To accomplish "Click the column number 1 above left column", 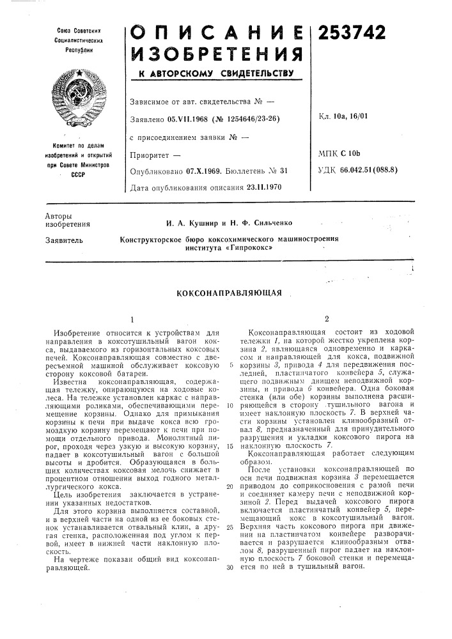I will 132,318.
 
